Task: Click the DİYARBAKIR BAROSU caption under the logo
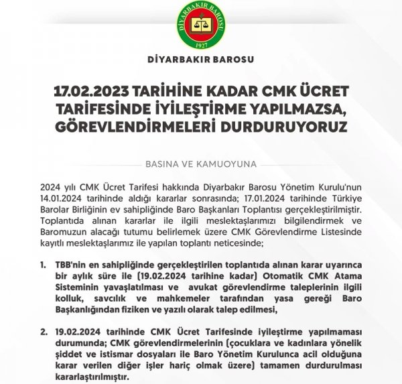pos(201,66)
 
